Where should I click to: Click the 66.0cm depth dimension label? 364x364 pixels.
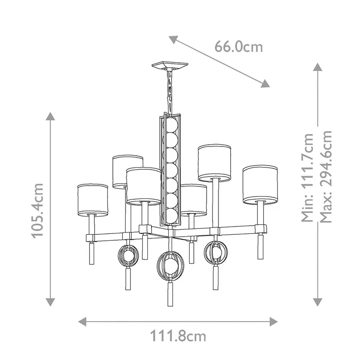238,47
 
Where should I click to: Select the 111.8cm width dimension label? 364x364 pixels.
178,336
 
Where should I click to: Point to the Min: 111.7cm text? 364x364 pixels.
308,177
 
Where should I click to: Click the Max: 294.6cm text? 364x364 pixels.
326,177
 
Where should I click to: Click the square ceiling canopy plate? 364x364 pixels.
170,66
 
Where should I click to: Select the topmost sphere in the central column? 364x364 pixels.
171,125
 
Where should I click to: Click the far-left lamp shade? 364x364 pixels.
92,200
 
